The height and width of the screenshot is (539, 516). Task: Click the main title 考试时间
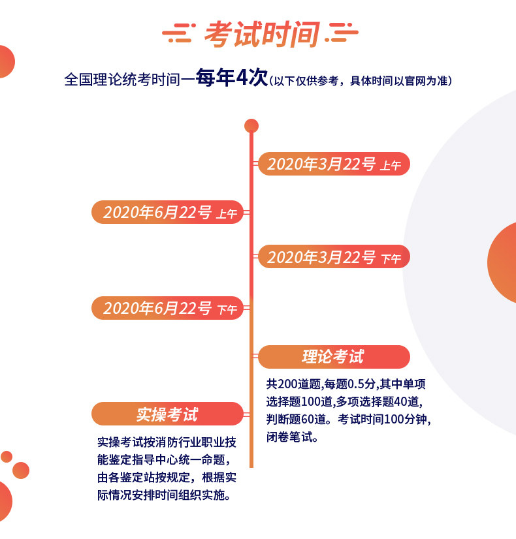coord(262,34)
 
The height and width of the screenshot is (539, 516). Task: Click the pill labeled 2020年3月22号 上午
coord(334,164)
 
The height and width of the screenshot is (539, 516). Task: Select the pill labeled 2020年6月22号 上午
coord(167,212)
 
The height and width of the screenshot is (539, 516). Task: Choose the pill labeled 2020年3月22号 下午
coord(334,257)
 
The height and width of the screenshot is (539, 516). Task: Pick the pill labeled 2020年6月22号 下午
coord(167,308)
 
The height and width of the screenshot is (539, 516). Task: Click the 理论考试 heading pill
coord(334,357)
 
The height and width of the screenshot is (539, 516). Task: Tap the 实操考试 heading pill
coord(167,414)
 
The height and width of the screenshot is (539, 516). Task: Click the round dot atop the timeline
coord(251,126)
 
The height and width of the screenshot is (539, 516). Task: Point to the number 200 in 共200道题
coord(287,384)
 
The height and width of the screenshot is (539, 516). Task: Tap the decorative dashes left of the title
coord(179,33)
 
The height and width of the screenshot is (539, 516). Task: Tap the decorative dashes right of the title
coord(342,33)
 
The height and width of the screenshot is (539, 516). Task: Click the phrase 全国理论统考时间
coord(122,80)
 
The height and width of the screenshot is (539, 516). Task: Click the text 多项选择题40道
coord(377,401)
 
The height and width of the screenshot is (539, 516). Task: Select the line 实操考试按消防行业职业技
coord(167,442)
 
